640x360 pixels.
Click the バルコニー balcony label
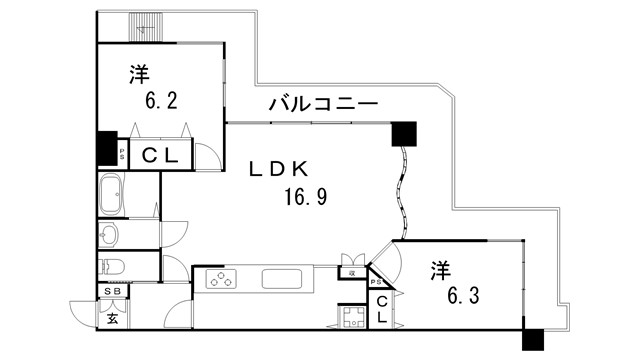point(322,104)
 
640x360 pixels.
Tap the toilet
point(110,267)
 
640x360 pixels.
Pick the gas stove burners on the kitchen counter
point(222,278)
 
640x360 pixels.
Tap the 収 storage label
point(353,272)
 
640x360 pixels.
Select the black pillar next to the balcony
point(404,132)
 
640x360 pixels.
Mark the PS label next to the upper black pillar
point(122,155)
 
